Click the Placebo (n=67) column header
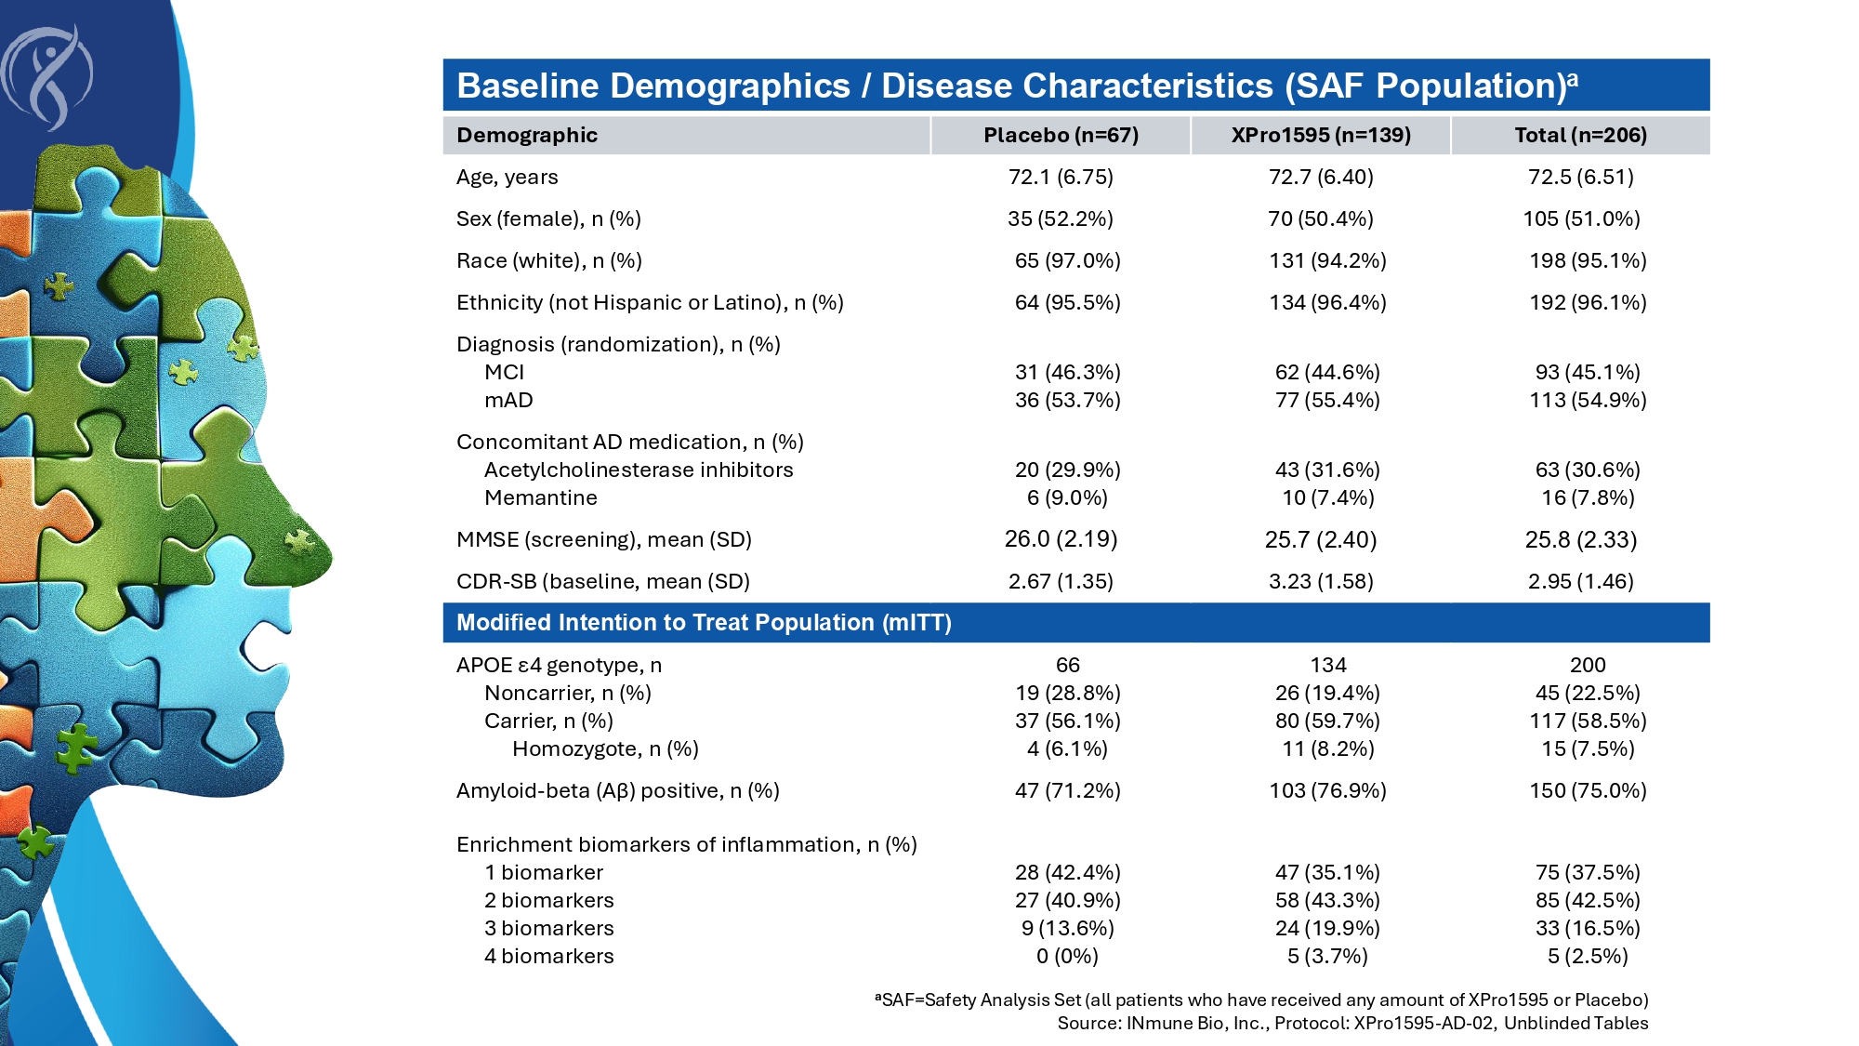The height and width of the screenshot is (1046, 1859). tap(1061, 136)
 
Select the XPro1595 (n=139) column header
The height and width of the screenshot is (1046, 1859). tap(1321, 136)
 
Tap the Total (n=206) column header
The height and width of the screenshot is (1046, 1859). tap(1580, 136)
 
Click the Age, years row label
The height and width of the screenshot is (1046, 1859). tap(508, 178)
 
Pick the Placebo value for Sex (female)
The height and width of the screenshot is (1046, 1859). tap(1061, 219)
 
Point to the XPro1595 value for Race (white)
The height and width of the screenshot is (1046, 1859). tap(1327, 261)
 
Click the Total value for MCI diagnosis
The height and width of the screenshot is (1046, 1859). tap(1588, 373)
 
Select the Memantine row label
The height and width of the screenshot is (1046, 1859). tap(541, 498)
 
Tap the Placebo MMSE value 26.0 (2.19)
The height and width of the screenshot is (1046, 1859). tap(1061, 539)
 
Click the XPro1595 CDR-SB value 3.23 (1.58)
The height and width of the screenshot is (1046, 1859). tap(1321, 582)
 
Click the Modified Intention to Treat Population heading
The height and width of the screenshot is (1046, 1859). tap(704, 623)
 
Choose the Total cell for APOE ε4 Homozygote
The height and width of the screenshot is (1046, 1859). tap(1588, 749)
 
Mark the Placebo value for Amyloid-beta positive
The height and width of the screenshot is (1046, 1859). tap(1067, 791)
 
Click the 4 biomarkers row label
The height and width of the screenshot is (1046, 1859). tap(549, 957)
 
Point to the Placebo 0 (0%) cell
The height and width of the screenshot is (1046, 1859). tap(1067, 957)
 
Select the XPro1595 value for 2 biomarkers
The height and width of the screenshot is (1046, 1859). tap(1327, 901)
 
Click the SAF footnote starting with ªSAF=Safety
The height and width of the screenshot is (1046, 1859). tap(1261, 1000)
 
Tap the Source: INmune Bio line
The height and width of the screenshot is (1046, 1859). tap(1352, 1024)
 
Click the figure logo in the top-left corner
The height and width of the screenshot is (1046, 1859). tap(48, 76)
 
